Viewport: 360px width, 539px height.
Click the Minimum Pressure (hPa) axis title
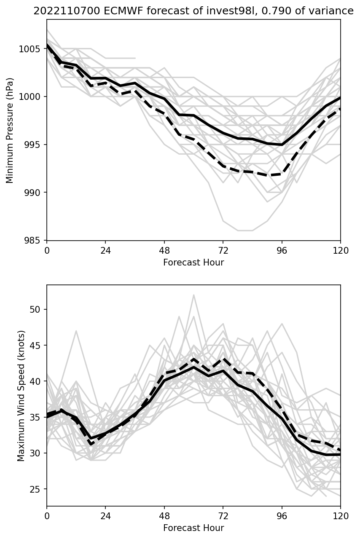10,130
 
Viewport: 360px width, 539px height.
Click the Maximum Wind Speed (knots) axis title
21,395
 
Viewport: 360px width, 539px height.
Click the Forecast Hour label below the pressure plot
193,263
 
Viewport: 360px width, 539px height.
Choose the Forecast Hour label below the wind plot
193,528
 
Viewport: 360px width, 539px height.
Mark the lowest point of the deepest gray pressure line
245,231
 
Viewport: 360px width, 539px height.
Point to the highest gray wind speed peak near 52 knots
194,295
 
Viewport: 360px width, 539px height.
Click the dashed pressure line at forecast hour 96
282,174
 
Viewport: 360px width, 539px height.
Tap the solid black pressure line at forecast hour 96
282,145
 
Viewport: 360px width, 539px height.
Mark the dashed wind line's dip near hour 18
91,444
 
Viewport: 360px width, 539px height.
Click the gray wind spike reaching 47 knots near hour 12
76,331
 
